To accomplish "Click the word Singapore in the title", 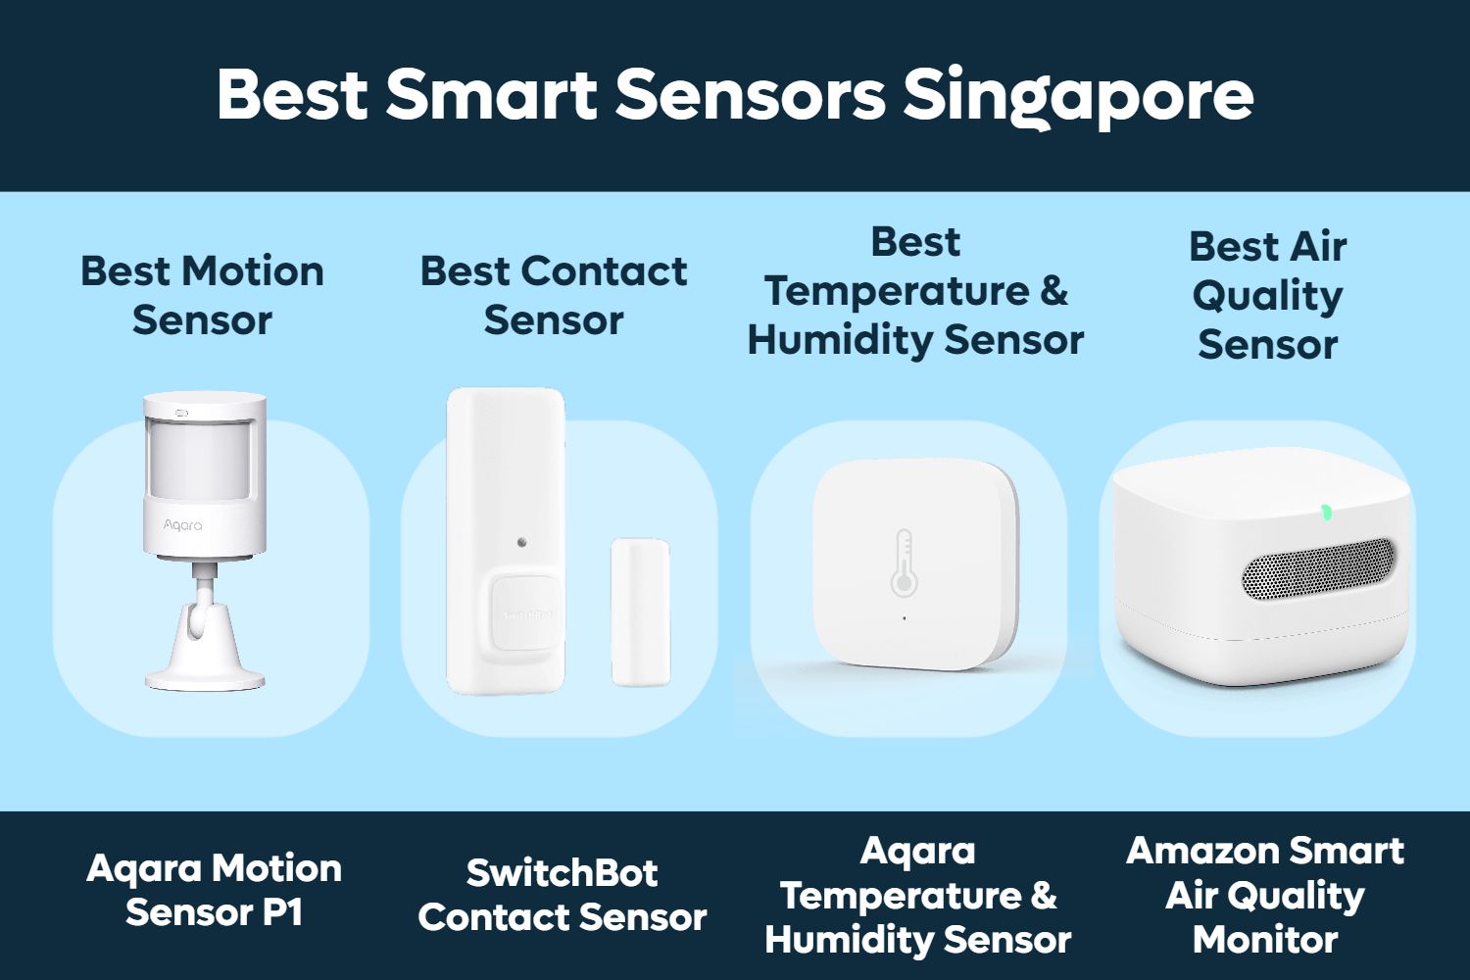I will pyautogui.click(x=1077, y=95).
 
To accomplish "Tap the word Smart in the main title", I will pyautogui.click(x=491, y=95).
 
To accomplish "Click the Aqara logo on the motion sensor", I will pyautogui.click(x=182, y=525).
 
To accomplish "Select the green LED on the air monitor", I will pyautogui.click(x=1326, y=512).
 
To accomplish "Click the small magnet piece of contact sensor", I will pyautogui.click(x=640, y=612).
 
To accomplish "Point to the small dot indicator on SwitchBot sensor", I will pyautogui.click(x=522, y=541).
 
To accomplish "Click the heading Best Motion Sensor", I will pyautogui.click(x=202, y=295).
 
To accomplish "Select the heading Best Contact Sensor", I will pyautogui.click(x=554, y=295).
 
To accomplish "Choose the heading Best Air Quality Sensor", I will pyautogui.click(x=1267, y=295).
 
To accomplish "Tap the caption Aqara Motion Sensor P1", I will pyautogui.click(x=214, y=890).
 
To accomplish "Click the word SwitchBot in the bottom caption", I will pyautogui.click(x=562, y=872).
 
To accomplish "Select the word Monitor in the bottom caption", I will pyautogui.click(x=1265, y=939).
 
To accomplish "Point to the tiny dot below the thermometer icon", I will pyautogui.click(x=904, y=618).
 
